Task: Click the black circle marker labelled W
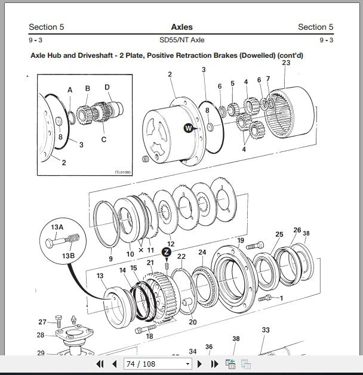(189, 128)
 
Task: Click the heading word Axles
(181, 27)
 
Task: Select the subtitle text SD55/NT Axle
(181, 40)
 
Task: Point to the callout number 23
(286, 63)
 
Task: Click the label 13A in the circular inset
(56, 227)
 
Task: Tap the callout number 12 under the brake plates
(170, 244)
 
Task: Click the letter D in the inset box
(107, 87)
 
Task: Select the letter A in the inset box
(70, 90)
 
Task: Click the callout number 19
(241, 241)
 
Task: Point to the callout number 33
(266, 330)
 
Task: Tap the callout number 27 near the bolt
(42, 322)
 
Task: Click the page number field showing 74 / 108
(158, 364)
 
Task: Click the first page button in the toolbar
(99, 364)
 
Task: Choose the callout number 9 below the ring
(110, 259)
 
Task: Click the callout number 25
(279, 234)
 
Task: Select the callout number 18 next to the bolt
(149, 336)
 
